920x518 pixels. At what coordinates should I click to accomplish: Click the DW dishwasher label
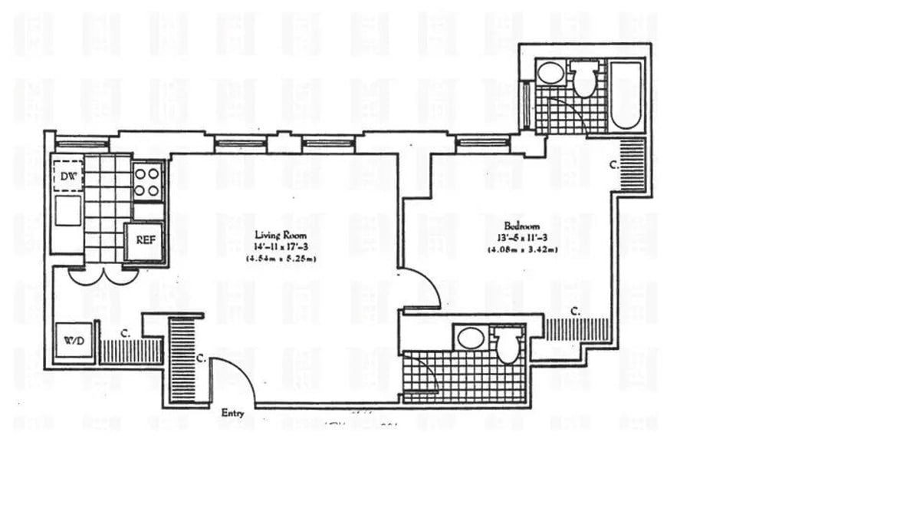tap(67, 175)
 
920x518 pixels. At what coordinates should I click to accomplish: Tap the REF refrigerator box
tap(145, 240)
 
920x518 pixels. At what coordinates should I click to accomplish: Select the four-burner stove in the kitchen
tap(148, 182)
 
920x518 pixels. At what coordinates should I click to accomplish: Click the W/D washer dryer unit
tap(74, 338)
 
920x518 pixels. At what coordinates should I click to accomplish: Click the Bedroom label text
tap(521, 226)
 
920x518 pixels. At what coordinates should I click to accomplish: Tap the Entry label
tap(232, 413)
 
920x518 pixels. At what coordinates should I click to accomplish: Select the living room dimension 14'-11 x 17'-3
tap(281, 247)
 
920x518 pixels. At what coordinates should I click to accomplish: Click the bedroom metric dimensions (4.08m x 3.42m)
tap(521, 249)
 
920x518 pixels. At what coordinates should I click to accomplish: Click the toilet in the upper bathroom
tap(584, 79)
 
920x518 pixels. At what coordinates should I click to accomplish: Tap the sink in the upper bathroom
tap(549, 74)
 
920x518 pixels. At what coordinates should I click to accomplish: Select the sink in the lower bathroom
tap(468, 338)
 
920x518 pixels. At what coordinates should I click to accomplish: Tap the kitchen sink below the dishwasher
tap(67, 210)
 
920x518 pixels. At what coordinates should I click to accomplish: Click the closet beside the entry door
tap(183, 361)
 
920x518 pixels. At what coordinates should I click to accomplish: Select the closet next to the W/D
tap(130, 351)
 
